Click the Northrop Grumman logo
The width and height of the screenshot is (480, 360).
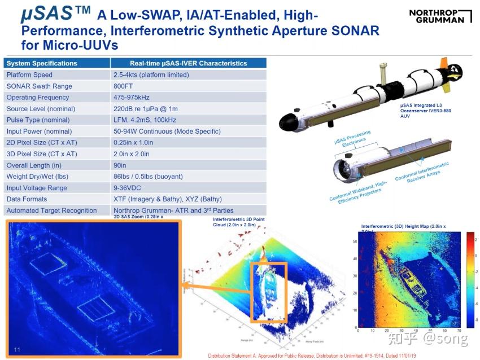(x=440, y=16)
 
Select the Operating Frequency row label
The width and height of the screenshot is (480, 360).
(x=32, y=98)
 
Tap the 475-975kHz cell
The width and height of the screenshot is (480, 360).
(x=133, y=98)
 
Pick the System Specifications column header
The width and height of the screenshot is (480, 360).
(x=42, y=63)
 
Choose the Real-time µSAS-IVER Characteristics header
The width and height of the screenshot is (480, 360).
(x=189, y=63)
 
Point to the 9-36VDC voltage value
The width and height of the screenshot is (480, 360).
(x=127, y=188)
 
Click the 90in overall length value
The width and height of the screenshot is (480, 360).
(x=120, y=165)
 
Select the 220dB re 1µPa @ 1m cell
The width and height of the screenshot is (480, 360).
(x=146, y=109)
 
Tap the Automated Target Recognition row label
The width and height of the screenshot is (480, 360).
(x=51, y=210)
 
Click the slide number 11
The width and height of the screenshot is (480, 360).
(x=17, y=350)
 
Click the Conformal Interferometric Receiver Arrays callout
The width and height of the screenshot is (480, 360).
(x=422, y=172)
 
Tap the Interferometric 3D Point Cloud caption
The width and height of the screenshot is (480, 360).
(x=239, y=222)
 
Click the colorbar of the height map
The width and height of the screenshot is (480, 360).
(x=469, y=280)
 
